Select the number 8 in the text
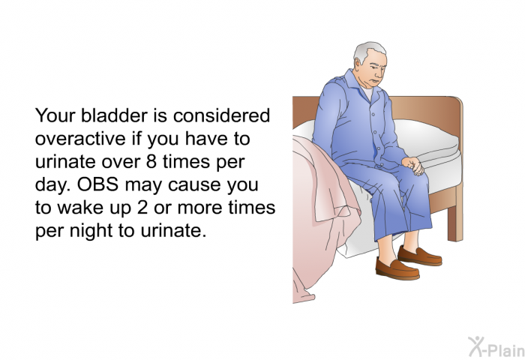tap(151, 162)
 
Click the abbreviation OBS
tap(97, 184)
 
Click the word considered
tap(221, 115)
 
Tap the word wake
tap(80, 208)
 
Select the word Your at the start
tap(55, 115)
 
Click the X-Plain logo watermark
tap(496, 347)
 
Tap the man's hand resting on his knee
tap(414, 166)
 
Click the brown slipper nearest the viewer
tap(397, 268)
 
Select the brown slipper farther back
tap(420, 256)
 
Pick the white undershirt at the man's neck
tap(367, 93)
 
